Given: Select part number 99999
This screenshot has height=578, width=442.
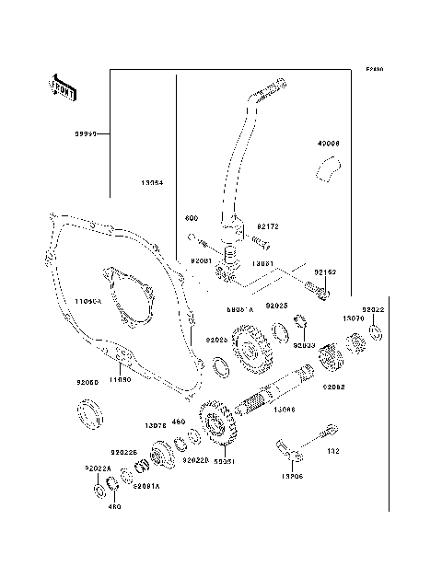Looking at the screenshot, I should point(87,133).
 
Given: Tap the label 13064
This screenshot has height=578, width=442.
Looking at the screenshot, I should point(153,182).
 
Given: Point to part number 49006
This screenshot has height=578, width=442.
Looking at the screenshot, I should point(329,144).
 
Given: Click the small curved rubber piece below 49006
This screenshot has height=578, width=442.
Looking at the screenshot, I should point(327,170).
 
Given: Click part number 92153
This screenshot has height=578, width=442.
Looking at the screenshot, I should point(326,272).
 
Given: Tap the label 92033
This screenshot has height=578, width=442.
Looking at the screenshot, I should point(305,344).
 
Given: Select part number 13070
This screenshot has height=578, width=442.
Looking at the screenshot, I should point(355,317).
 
